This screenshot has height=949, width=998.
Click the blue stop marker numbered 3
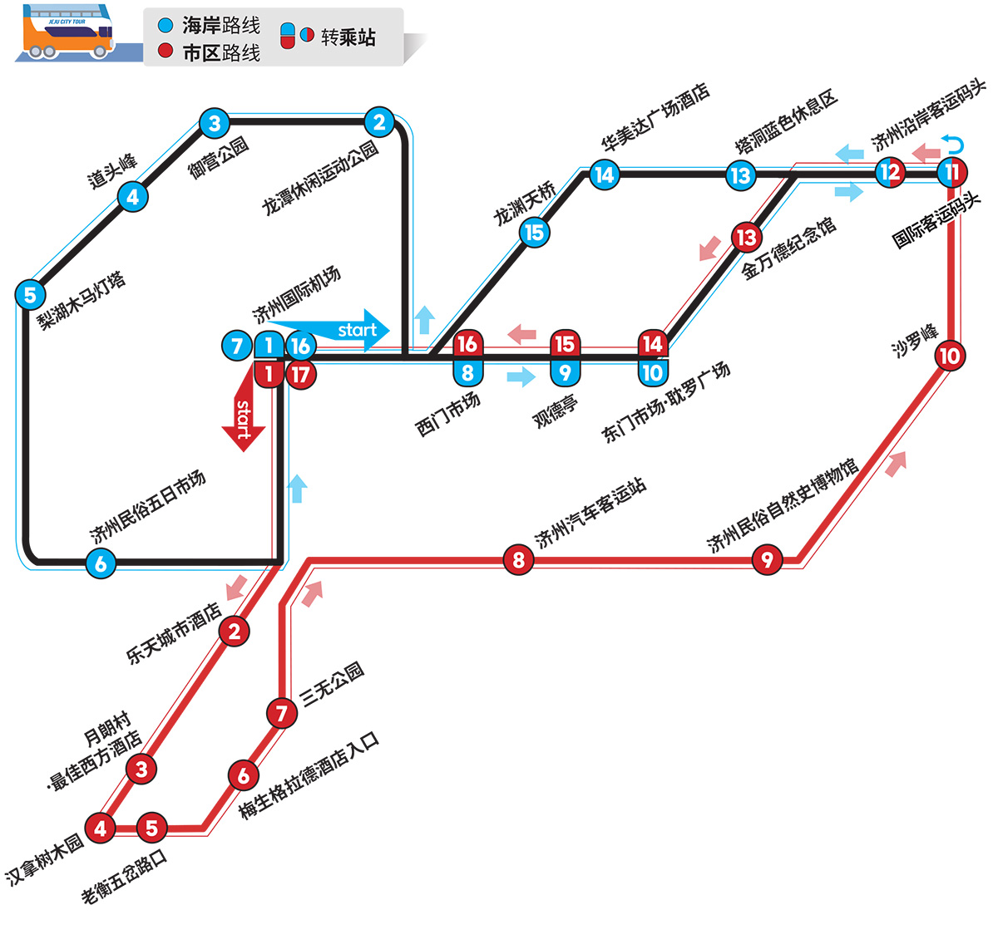(x=215, y=123)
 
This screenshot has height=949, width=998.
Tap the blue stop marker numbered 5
(x=31, y=295)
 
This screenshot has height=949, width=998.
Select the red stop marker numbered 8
(x=518, y=560)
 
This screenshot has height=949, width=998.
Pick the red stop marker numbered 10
(x=950, y=356)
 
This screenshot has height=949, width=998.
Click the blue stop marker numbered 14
(x=604, y=175)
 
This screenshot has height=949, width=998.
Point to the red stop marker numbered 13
(x=746, y=238)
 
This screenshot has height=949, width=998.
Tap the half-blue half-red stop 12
(x=891, y=173)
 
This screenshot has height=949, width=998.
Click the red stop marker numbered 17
(x=300, y=375)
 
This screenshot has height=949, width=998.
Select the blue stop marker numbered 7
(x=236, y=346)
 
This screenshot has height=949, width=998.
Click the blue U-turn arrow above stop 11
(x=952, y=144)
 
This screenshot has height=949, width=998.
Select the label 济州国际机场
(x=296, y=294)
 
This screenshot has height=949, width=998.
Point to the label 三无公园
(x=333, y=685)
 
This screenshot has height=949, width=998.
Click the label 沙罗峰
(x=915, y=341)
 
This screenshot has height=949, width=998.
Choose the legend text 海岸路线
(x=221, y=26)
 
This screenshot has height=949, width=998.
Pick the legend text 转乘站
(x=348, y=37)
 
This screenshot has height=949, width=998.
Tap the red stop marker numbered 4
(x=100, y=829)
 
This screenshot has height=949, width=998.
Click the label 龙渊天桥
(x=525, y=204)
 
